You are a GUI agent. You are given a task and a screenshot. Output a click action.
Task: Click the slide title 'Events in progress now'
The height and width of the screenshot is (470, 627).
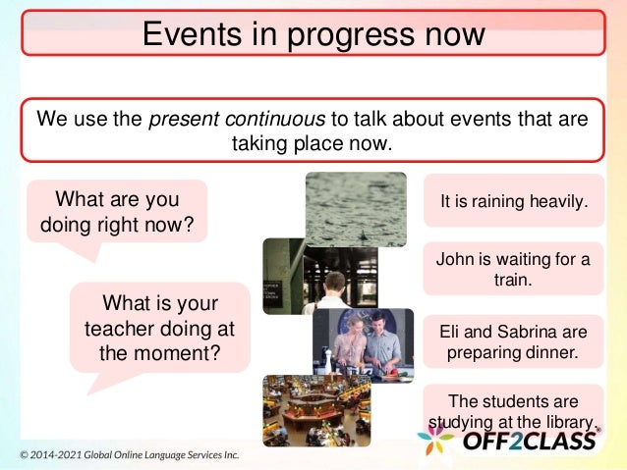tap(313, 33)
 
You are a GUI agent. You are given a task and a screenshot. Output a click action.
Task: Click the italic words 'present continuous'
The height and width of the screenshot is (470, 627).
tap(236, 120)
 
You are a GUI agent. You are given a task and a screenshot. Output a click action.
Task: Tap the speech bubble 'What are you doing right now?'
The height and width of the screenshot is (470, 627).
tap(117, 213)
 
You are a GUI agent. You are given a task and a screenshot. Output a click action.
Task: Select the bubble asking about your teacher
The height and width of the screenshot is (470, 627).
tap(160, 328)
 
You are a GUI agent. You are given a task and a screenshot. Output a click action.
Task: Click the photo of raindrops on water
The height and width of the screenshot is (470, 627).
tap(355, 208)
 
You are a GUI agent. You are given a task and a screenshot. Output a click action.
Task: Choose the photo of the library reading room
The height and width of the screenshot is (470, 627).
tap(315, 410)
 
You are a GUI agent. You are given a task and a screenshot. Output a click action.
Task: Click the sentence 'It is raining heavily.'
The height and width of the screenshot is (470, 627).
tap(513, 202)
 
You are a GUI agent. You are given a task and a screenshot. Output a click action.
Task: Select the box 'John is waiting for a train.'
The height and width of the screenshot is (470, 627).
tap(513, 269)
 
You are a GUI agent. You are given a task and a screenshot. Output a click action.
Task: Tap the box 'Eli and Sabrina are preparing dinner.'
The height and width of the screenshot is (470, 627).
tap(513, 340)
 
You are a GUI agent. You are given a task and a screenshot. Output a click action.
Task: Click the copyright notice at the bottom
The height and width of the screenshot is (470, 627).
tap(130, 456)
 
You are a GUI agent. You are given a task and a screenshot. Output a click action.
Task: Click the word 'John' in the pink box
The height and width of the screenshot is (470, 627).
tap(452, 259)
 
